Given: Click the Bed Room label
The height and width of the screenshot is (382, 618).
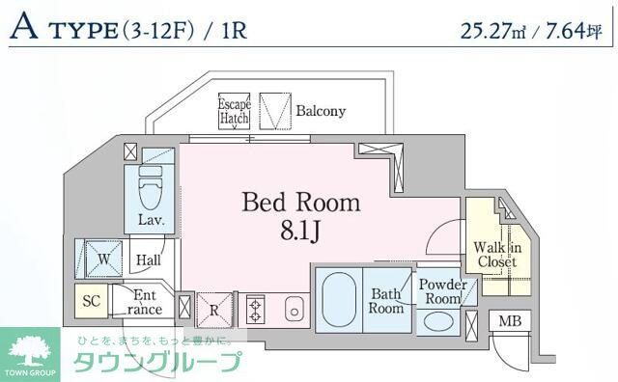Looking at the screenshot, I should click(x=300, y=203).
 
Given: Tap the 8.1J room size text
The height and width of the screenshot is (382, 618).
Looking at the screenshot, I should click(x=301, y=232).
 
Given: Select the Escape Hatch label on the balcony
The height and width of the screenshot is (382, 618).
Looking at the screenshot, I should click(x=234, y=111).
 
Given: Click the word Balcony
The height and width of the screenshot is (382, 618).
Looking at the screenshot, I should click(x=321, y=111).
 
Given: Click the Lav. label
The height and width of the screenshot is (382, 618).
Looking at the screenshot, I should click(x=149, y=221).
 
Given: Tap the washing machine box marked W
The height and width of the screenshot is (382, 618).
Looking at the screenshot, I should click(x=101, y=258).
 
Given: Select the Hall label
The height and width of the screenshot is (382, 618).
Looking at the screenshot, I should click(x=148, y=260).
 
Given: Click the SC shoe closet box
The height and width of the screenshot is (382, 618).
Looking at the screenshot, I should click(x=92, y=301).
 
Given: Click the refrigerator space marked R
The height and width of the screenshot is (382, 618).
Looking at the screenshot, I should click(x=213, y=311).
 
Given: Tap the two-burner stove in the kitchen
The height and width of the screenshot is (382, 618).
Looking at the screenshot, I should click(x=257, y=311).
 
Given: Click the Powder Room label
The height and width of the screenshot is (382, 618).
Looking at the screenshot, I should click(x=442, y=291).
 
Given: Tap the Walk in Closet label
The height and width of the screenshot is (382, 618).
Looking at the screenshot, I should click(x=496, y=254).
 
